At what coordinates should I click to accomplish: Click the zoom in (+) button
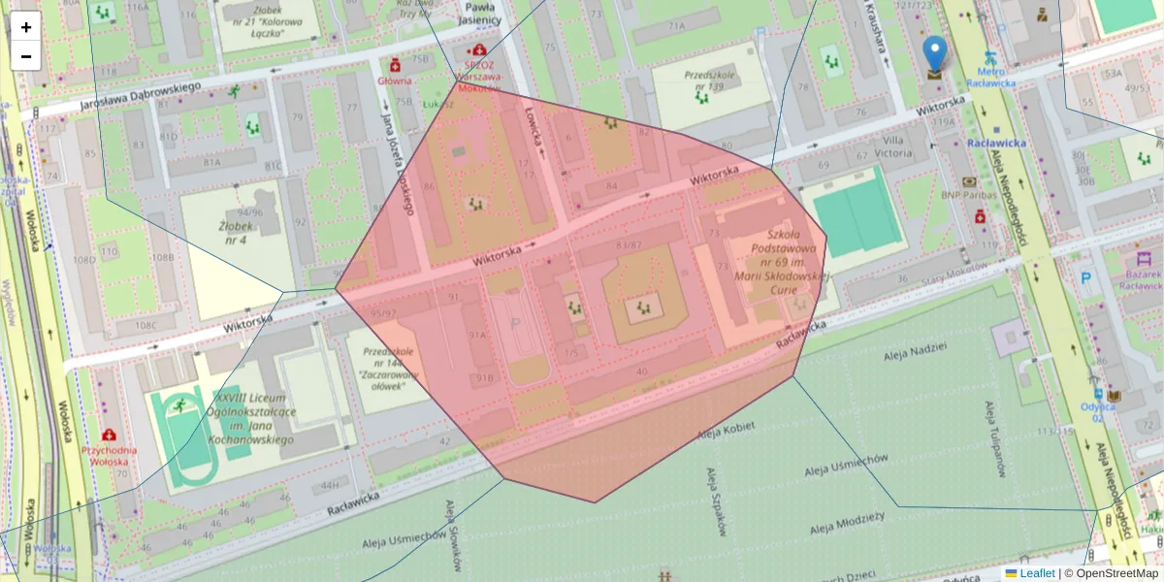click(x=26, y=27)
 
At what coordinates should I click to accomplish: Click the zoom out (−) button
click(x=26, y=56)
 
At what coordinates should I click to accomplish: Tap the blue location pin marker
click(x=934, y=54)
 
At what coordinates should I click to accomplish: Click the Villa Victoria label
click(x=892, y=145)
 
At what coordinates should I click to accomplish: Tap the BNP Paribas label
click(x=970, y=195)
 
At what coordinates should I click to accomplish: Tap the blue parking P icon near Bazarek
click(x=1085, y=278)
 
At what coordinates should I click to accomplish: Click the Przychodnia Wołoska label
click(x=109, y=456)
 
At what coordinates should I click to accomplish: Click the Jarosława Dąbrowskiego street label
click(x=140, y=93)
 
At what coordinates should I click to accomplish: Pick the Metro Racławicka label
click(x=995, y=77)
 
